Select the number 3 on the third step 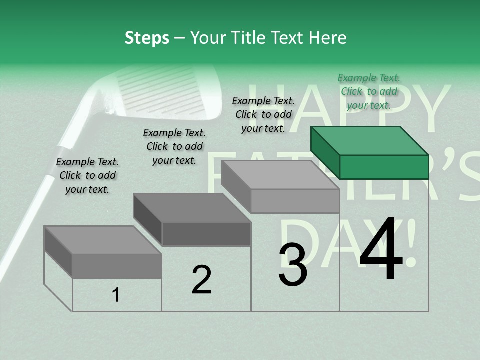pyautogui.click(x=292, y=265)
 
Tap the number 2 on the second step pyautogui.click(x=201, y=279)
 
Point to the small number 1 pyautogui.click(x=116, y=295)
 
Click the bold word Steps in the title pyautogui.click(x=147, y=38)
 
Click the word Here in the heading pyautogui.click(x=327, y=38)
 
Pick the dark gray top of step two pyautogui.click(x=192, y=208)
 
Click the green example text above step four pyautogui.click(x=369, y=91)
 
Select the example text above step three pyautogui.click(x=263, y=114)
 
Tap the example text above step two pyautogui.click(x=174, y=146)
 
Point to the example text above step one pyautogui.click(x=87, y=175)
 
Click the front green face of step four pyautogui.click(x=384, y=167)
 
